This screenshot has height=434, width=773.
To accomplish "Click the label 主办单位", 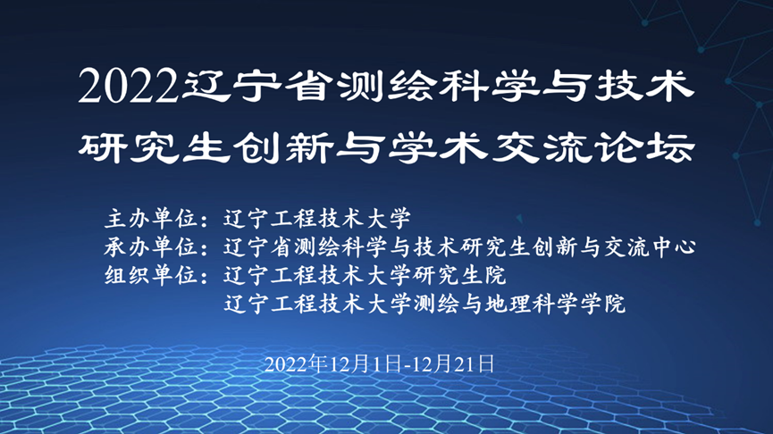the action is point(151,218).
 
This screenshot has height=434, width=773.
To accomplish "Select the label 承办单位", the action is point(151,246).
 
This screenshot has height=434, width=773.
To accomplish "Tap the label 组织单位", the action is point(151,275).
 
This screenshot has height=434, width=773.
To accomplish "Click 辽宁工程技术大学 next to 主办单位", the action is point(317,218).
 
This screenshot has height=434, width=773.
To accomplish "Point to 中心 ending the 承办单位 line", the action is point(672,246).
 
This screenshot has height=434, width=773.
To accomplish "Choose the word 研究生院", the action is point(459,275).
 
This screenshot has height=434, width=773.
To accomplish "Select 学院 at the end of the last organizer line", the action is point(602,304).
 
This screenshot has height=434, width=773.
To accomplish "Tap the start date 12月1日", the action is point(365,364).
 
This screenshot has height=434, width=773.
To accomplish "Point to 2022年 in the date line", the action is point(297,364).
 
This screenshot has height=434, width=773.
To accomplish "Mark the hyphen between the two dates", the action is point(407,366).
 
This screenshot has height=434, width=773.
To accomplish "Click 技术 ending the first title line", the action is point(643,87).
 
